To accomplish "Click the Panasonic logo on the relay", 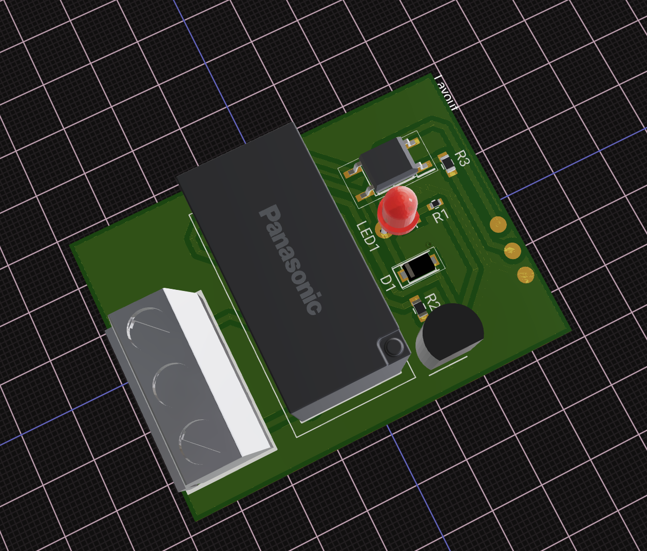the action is click(x=291, y=260).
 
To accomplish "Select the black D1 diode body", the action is click(x=418, y=267).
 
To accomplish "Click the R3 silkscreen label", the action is click(x=462, y=158).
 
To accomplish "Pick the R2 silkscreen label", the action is click(x=433, y=302).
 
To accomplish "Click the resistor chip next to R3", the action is click(x=447, y=164).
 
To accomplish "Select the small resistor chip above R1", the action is click(x=435, y=204).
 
